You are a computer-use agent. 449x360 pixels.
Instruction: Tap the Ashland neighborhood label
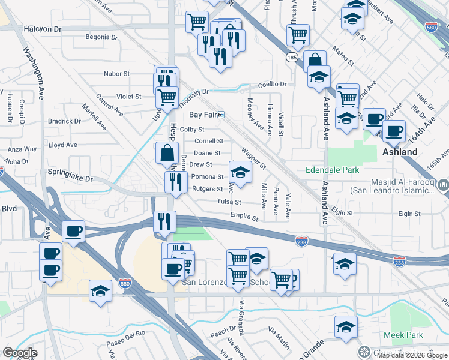tap(400, 152)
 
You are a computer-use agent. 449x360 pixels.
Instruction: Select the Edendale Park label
tap(332, 170)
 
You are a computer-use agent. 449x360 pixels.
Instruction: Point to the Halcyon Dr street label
tap(43, 29)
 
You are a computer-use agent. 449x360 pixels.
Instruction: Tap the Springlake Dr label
tap(71, 179)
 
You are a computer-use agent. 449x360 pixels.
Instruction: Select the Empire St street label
tap(244, 217)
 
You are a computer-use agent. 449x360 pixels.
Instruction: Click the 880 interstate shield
tap(125, 283)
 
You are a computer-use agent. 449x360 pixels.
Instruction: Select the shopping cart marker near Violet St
tap(167, 96)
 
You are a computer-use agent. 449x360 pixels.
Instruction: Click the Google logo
tap(20, 352)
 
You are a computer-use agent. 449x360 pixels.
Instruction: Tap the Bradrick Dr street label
tap(60, 121)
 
